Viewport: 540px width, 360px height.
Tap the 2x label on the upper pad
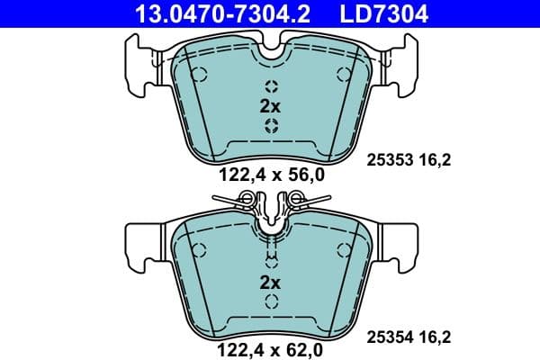point(270,105)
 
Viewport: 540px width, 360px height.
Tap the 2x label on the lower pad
point(270,283)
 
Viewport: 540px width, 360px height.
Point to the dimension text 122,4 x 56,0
point(270,176)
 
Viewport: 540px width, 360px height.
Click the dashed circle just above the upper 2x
point(270,86)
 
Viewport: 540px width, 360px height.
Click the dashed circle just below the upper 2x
point(270,124)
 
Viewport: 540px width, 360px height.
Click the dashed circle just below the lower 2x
point(270,301)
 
